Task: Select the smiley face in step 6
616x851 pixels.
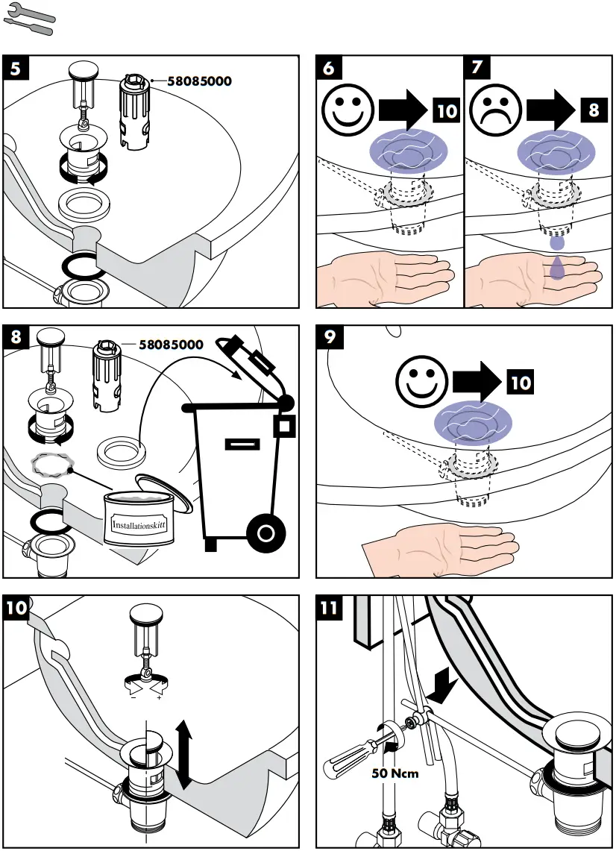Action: (347, 110)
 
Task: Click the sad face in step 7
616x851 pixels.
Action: (495, 110)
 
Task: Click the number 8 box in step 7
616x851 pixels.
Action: (594, 111)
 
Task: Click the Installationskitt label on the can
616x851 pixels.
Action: (139, 524)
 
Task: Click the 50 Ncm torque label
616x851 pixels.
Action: (395, 773)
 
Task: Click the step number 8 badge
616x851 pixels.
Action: (17, 338)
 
